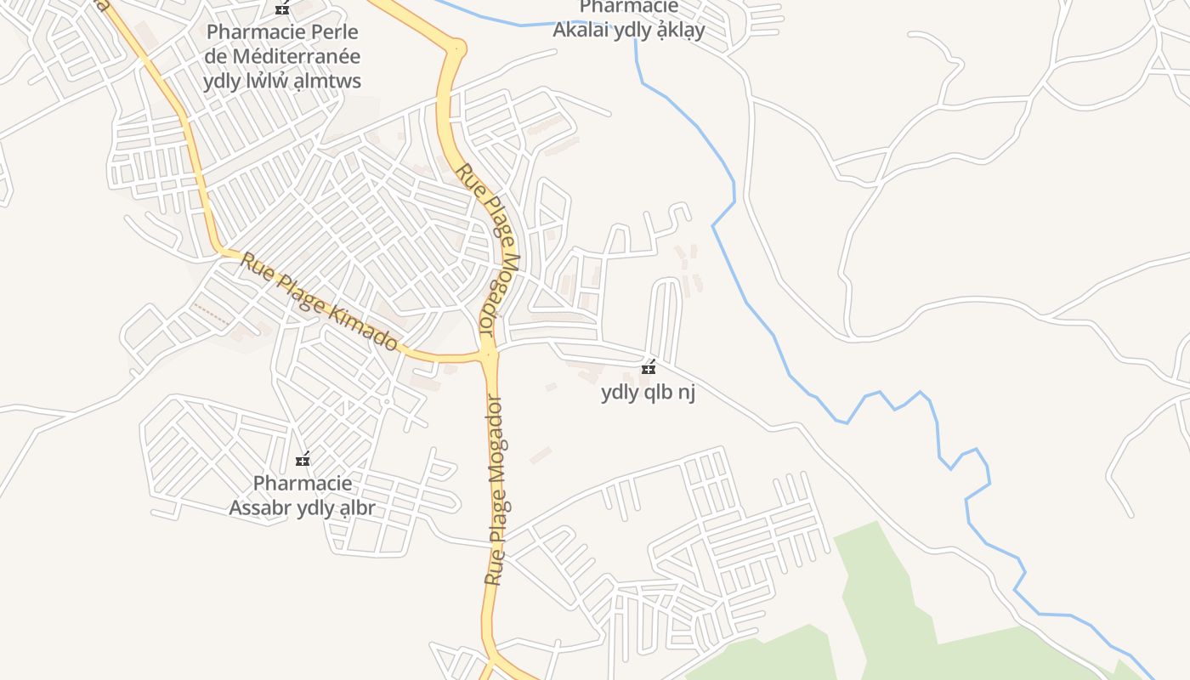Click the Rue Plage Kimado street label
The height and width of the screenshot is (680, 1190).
point(319,301)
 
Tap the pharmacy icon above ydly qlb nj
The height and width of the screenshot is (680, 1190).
point(649,368)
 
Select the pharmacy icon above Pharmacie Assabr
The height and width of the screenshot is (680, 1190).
point(302,460)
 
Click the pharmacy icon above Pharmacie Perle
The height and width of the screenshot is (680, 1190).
point(282,8)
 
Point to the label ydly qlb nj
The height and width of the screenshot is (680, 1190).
point(649,393)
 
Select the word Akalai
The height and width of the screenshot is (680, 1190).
point(581,31)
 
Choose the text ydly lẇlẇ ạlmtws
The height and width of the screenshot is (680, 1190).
point(282,82)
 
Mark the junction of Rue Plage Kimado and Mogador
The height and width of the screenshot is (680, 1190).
point(488,354)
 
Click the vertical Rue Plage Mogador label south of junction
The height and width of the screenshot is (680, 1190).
point(495,490)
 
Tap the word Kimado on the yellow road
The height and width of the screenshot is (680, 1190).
point(366,327)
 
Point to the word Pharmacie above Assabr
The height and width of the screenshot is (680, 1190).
point(302,484)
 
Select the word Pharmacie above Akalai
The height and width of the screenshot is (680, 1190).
point(628,8)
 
